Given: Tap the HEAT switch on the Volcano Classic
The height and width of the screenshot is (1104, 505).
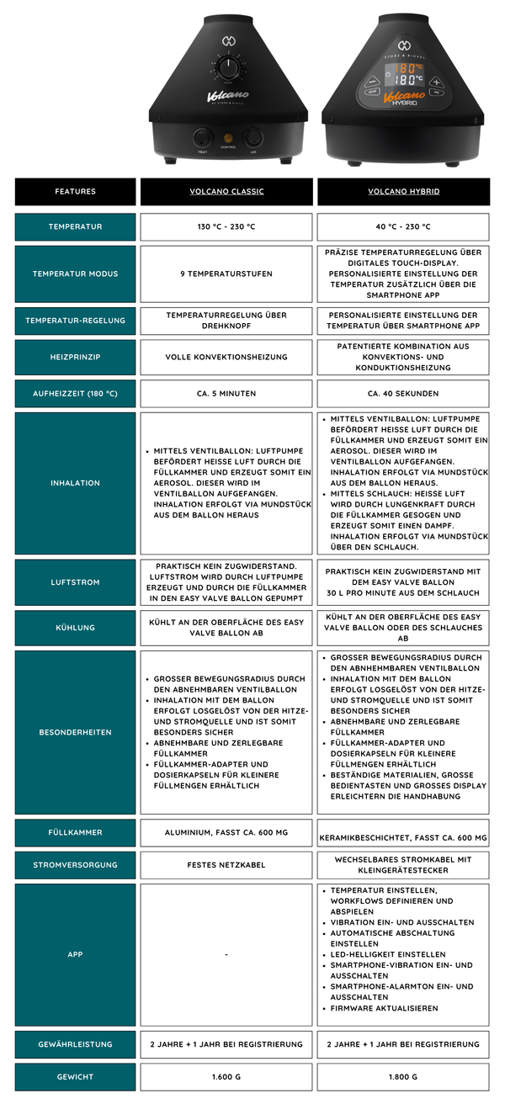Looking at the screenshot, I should [203, 138].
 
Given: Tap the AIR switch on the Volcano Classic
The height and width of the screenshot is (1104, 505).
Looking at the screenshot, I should [252, 138].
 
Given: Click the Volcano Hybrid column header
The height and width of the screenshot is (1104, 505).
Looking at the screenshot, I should [403, 192].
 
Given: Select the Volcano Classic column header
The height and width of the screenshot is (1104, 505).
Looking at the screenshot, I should [226, 192].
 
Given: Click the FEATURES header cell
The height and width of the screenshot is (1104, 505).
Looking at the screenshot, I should [75, 192].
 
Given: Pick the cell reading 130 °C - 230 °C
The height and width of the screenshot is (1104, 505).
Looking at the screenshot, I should [226, 227].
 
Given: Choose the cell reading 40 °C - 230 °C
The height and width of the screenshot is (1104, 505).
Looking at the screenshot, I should [403, 227].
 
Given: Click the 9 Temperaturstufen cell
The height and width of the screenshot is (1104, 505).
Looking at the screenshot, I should [226, 274].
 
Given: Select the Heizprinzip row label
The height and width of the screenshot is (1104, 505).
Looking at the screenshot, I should [75, 357].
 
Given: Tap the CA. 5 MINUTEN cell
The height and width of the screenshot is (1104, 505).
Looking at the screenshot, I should [226, 394].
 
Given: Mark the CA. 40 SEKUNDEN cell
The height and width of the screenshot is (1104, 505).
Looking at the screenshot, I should [403, 394].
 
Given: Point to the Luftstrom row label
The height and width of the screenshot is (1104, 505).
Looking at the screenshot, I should [75, 582].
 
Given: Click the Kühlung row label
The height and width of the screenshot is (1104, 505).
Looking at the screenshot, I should [75, 628].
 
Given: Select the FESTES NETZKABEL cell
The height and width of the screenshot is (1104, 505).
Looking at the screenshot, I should [226, 865].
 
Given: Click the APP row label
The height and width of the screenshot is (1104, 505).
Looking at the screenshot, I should [75, 955].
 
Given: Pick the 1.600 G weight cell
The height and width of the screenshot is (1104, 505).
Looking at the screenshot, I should [226, 1077].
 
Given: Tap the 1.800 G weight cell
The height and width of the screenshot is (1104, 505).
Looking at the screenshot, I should [403, 1077].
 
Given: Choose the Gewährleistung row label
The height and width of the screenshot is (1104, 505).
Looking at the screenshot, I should [75, 1044].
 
